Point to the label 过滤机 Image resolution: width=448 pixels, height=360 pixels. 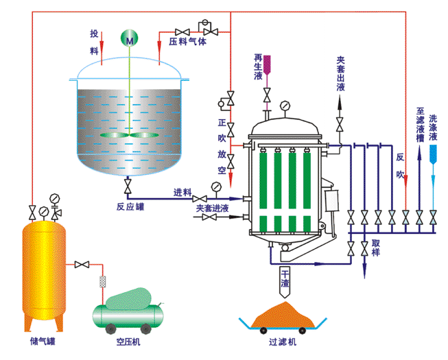click(x=281, y=341)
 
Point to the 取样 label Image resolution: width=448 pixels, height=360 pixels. click(x=375, y=248)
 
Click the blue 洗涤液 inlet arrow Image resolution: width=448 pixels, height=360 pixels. click(x=432, y=151)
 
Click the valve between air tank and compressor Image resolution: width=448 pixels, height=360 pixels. click(x=83, y=265)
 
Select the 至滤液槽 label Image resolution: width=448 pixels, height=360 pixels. click(x=419, y=123)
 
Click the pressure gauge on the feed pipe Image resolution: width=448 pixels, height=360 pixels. click(x=217, y=187)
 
